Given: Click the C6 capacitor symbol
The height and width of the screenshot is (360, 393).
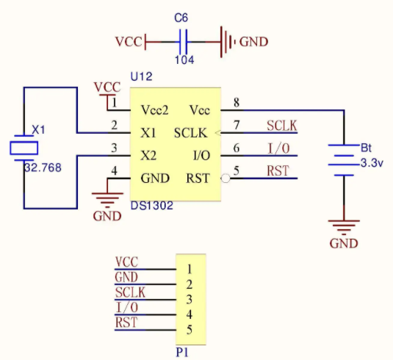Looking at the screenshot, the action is coord(183,42).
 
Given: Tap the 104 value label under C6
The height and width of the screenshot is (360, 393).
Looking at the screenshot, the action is coord(184,60).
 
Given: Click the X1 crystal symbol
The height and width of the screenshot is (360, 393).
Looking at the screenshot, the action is coord(24,148).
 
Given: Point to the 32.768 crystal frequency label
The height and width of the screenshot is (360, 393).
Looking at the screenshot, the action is coord(43,168).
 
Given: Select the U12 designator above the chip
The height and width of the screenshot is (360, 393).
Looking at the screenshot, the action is coord(141,76).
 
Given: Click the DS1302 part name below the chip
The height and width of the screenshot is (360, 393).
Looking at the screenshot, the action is coord(152,206).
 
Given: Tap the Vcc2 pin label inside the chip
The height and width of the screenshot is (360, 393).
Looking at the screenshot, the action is coord(155,110).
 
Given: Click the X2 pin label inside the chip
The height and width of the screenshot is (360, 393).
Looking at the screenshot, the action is coord(148,156).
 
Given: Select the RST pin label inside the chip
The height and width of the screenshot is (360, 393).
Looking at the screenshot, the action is coord(198,179).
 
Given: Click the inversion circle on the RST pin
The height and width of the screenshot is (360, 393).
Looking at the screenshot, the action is coord(226,179).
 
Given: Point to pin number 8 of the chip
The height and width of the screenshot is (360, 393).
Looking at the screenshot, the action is coord(237,103).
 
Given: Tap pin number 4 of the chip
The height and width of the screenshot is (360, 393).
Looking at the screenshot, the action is coord(114,171).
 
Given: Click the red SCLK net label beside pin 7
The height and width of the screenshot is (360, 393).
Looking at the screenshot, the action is coord(282,126).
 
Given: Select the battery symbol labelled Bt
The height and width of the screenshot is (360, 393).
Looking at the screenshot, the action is coord(344,160).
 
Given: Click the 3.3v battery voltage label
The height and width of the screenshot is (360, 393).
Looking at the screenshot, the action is coord(372,163).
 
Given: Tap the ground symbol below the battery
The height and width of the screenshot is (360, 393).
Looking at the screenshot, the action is coord(344,227).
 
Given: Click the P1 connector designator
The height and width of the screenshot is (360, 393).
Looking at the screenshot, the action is coord(182,353).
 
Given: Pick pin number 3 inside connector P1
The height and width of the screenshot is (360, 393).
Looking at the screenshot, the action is coord(190,300).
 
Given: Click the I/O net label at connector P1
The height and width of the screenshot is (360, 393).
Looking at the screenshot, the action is coord(127,307).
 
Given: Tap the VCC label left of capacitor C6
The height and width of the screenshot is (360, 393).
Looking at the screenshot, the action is coord(129,42).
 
